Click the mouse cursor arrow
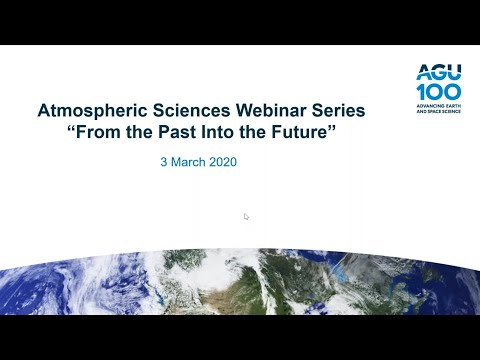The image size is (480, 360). pyautogui.click(x=246, y=216)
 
